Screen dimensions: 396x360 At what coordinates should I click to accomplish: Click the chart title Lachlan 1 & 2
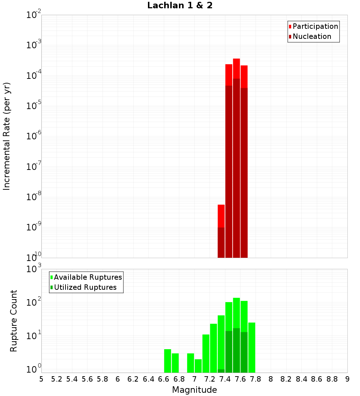180,6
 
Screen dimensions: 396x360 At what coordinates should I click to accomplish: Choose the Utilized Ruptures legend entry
85,287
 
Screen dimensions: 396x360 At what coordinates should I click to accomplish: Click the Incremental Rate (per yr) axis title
7,136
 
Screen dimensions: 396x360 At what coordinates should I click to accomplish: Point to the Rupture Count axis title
14,321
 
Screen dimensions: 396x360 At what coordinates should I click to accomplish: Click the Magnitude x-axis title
194,390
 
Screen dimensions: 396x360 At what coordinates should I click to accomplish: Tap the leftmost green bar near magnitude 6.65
167,361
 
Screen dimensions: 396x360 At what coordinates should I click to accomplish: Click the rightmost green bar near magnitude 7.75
252,347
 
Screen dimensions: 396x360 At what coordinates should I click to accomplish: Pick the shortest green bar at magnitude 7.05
198,366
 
